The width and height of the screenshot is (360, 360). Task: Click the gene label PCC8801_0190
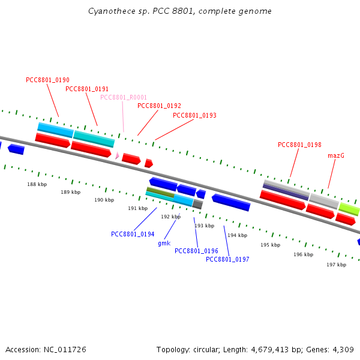pyautogui.click(x=47, y=80)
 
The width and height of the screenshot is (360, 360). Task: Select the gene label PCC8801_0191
pyautogui.click(x=87, y=89)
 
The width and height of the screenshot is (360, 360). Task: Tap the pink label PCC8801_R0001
pyautogui.click(x=124, y=97)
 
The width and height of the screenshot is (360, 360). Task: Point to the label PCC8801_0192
pyautogui.click(x=159, y=106)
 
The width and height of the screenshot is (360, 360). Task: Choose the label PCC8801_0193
pyautogui.click(x=194, y=115)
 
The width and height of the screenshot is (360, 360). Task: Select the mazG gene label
pyautogui.click(x=336, y=155)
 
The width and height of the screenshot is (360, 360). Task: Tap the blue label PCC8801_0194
pyautogui.click(x=133, y=234)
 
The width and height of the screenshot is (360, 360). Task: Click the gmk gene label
pyautogui.click(x=164, y=243)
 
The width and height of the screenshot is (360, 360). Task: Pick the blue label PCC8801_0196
pyautogui.click(x=196, y=251)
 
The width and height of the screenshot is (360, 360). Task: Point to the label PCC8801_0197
pyautogui.click(x=227, y=259)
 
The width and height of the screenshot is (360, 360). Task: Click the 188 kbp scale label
pyautogui.click(x=37, y=184)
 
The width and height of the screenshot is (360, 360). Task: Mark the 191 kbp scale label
pyautogui.click(x=137, y=208)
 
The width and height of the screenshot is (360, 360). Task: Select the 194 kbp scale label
pyautogui.click(x=237, y=235)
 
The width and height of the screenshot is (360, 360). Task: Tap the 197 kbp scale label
pyautogui.click(x=336, y=265)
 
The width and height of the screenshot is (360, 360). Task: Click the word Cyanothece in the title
pyautogui.click(x=107, y=11)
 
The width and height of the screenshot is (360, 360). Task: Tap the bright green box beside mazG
pyautogui.click(x=349, y=209)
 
